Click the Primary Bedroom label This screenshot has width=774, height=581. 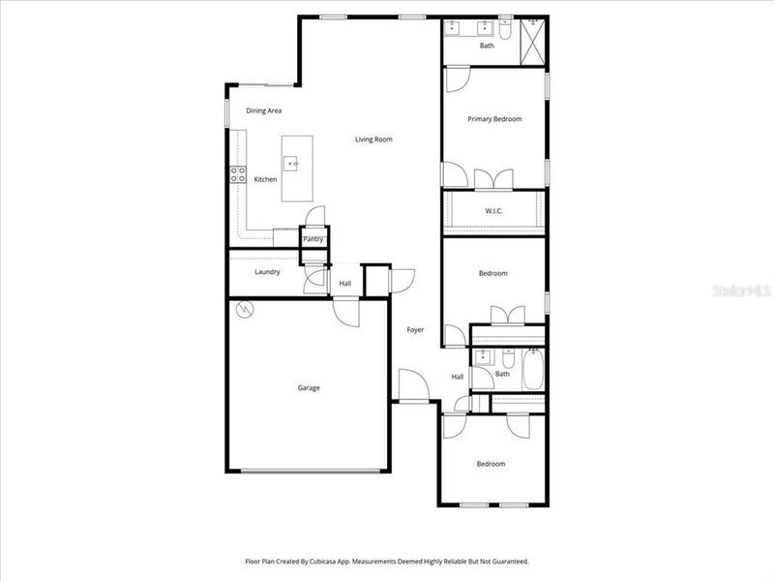pyautogui.click(x=494, y=119)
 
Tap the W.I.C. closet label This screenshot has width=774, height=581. pyautogui.click(x=493, y=210)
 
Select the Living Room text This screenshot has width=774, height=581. pyautogui.click(x=373, y=139)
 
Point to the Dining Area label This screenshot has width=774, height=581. pyautogui.click(x=264, y=110)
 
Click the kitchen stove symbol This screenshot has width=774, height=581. pyautogui.click(x=236, y=175)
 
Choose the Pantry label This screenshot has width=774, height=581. pyautogui.click(x=313, y=239)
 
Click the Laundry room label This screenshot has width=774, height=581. pyautogui.click(x=267, y=272)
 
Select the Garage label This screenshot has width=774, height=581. pyautogui.click(x=309, y=387)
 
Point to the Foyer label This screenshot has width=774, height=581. pyautogui.click(x=415, y=330)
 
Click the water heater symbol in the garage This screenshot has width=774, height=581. pyautogui.click(x=244, y=310)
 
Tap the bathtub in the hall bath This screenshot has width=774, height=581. pyautogui.click(x=533, y=372)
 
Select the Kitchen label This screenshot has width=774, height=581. pyautogui.click(x=265, y=179)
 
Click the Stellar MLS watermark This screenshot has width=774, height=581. pyautogui.click(x=746, y=290)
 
